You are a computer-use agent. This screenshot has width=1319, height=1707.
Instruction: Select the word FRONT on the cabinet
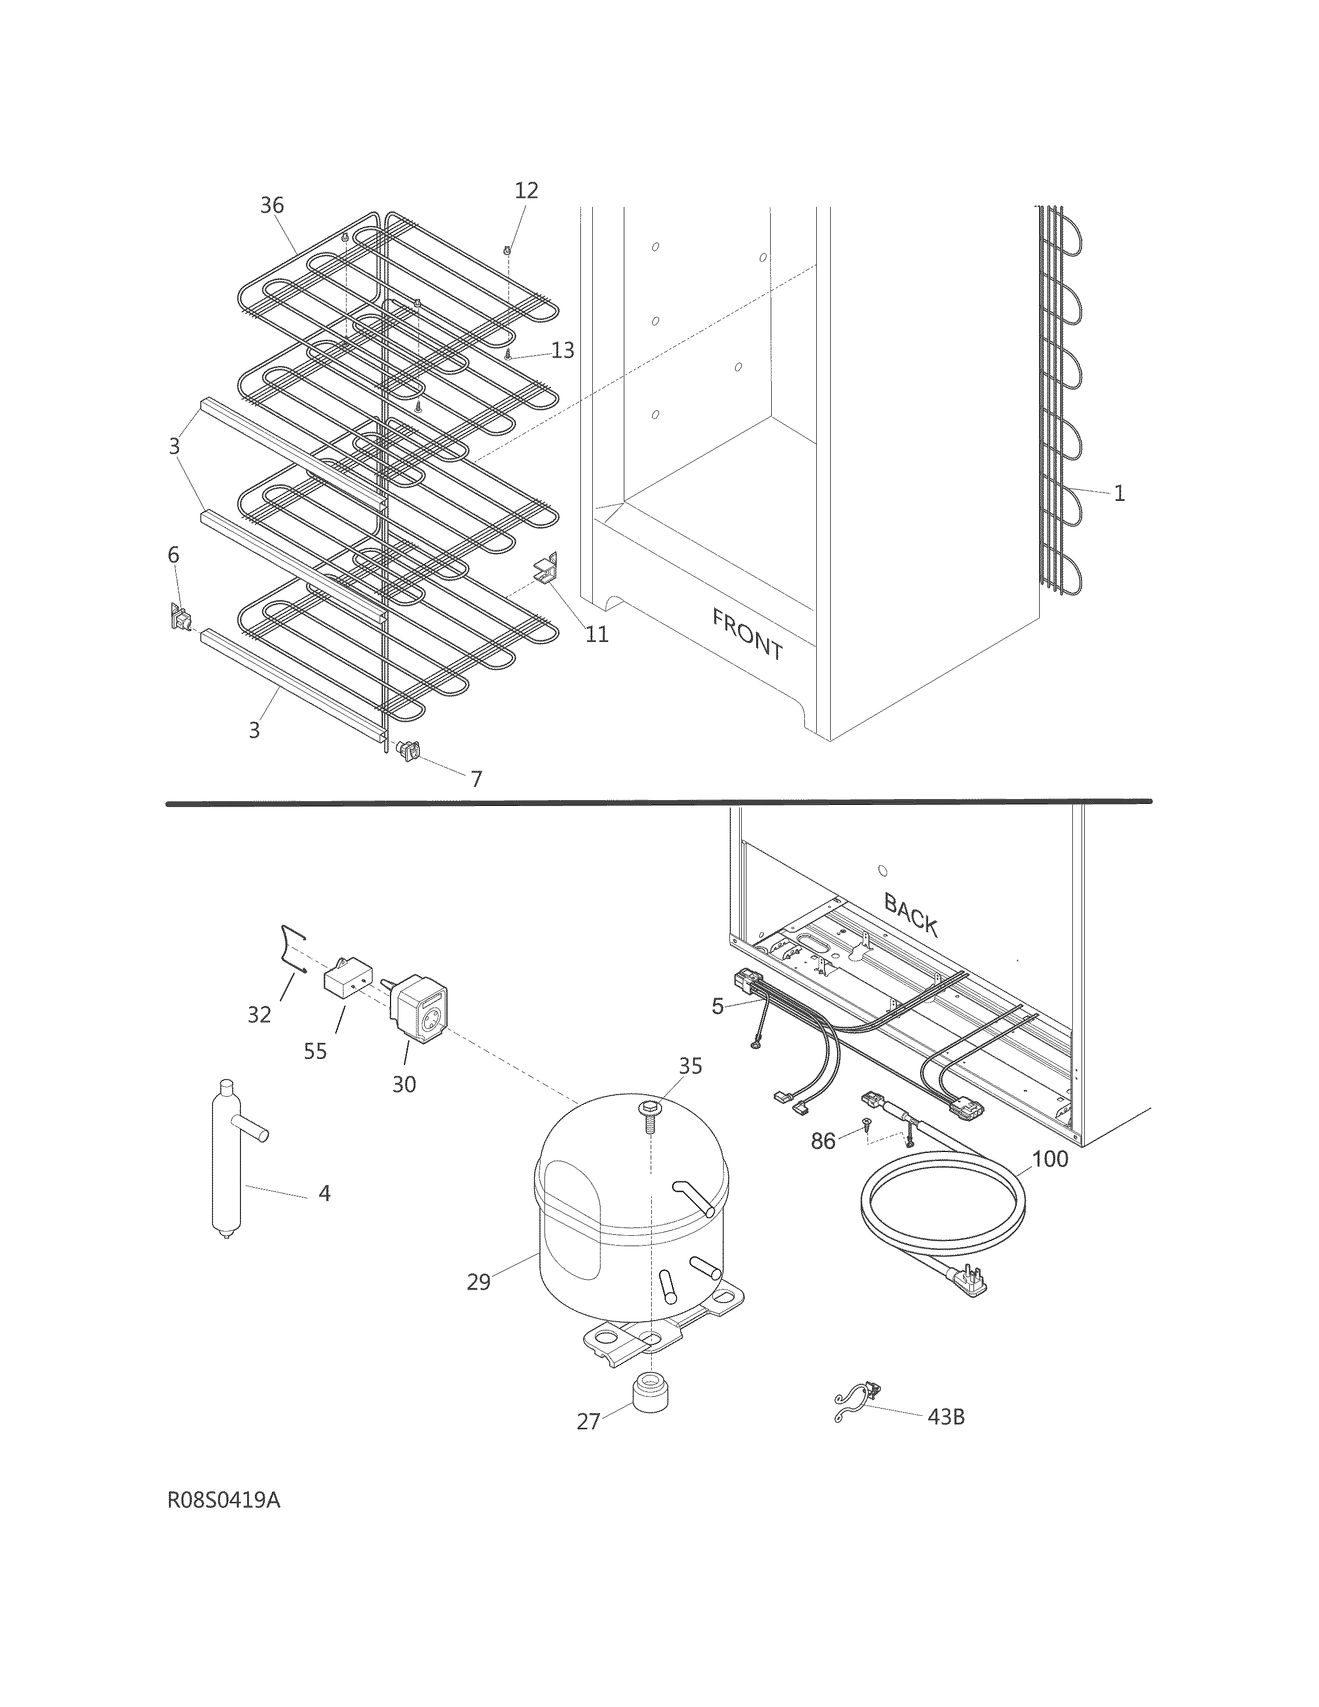pos(747,634)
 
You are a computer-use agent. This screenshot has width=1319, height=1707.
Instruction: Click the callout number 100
pos(1050,1158)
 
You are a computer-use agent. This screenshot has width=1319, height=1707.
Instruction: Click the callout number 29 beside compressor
pos(478,1282)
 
